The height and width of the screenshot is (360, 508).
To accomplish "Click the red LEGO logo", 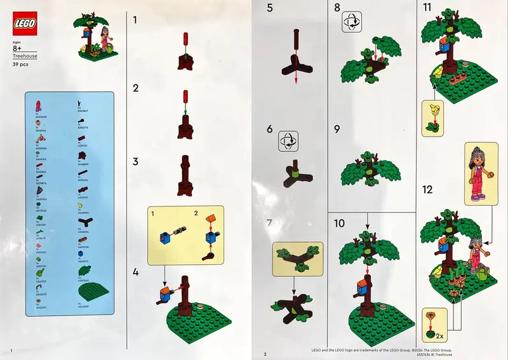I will click(x=23, y=24).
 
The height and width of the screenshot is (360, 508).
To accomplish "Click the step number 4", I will click(x=135, y=273).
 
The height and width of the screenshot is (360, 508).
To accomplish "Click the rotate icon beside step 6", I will click(x=288, y=140).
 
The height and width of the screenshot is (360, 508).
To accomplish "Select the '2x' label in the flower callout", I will click(x=440, y=333).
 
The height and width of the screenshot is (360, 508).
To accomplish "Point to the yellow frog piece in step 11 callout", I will click(x=435, y=109).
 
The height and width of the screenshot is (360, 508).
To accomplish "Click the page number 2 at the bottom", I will click(x=265, y=352).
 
